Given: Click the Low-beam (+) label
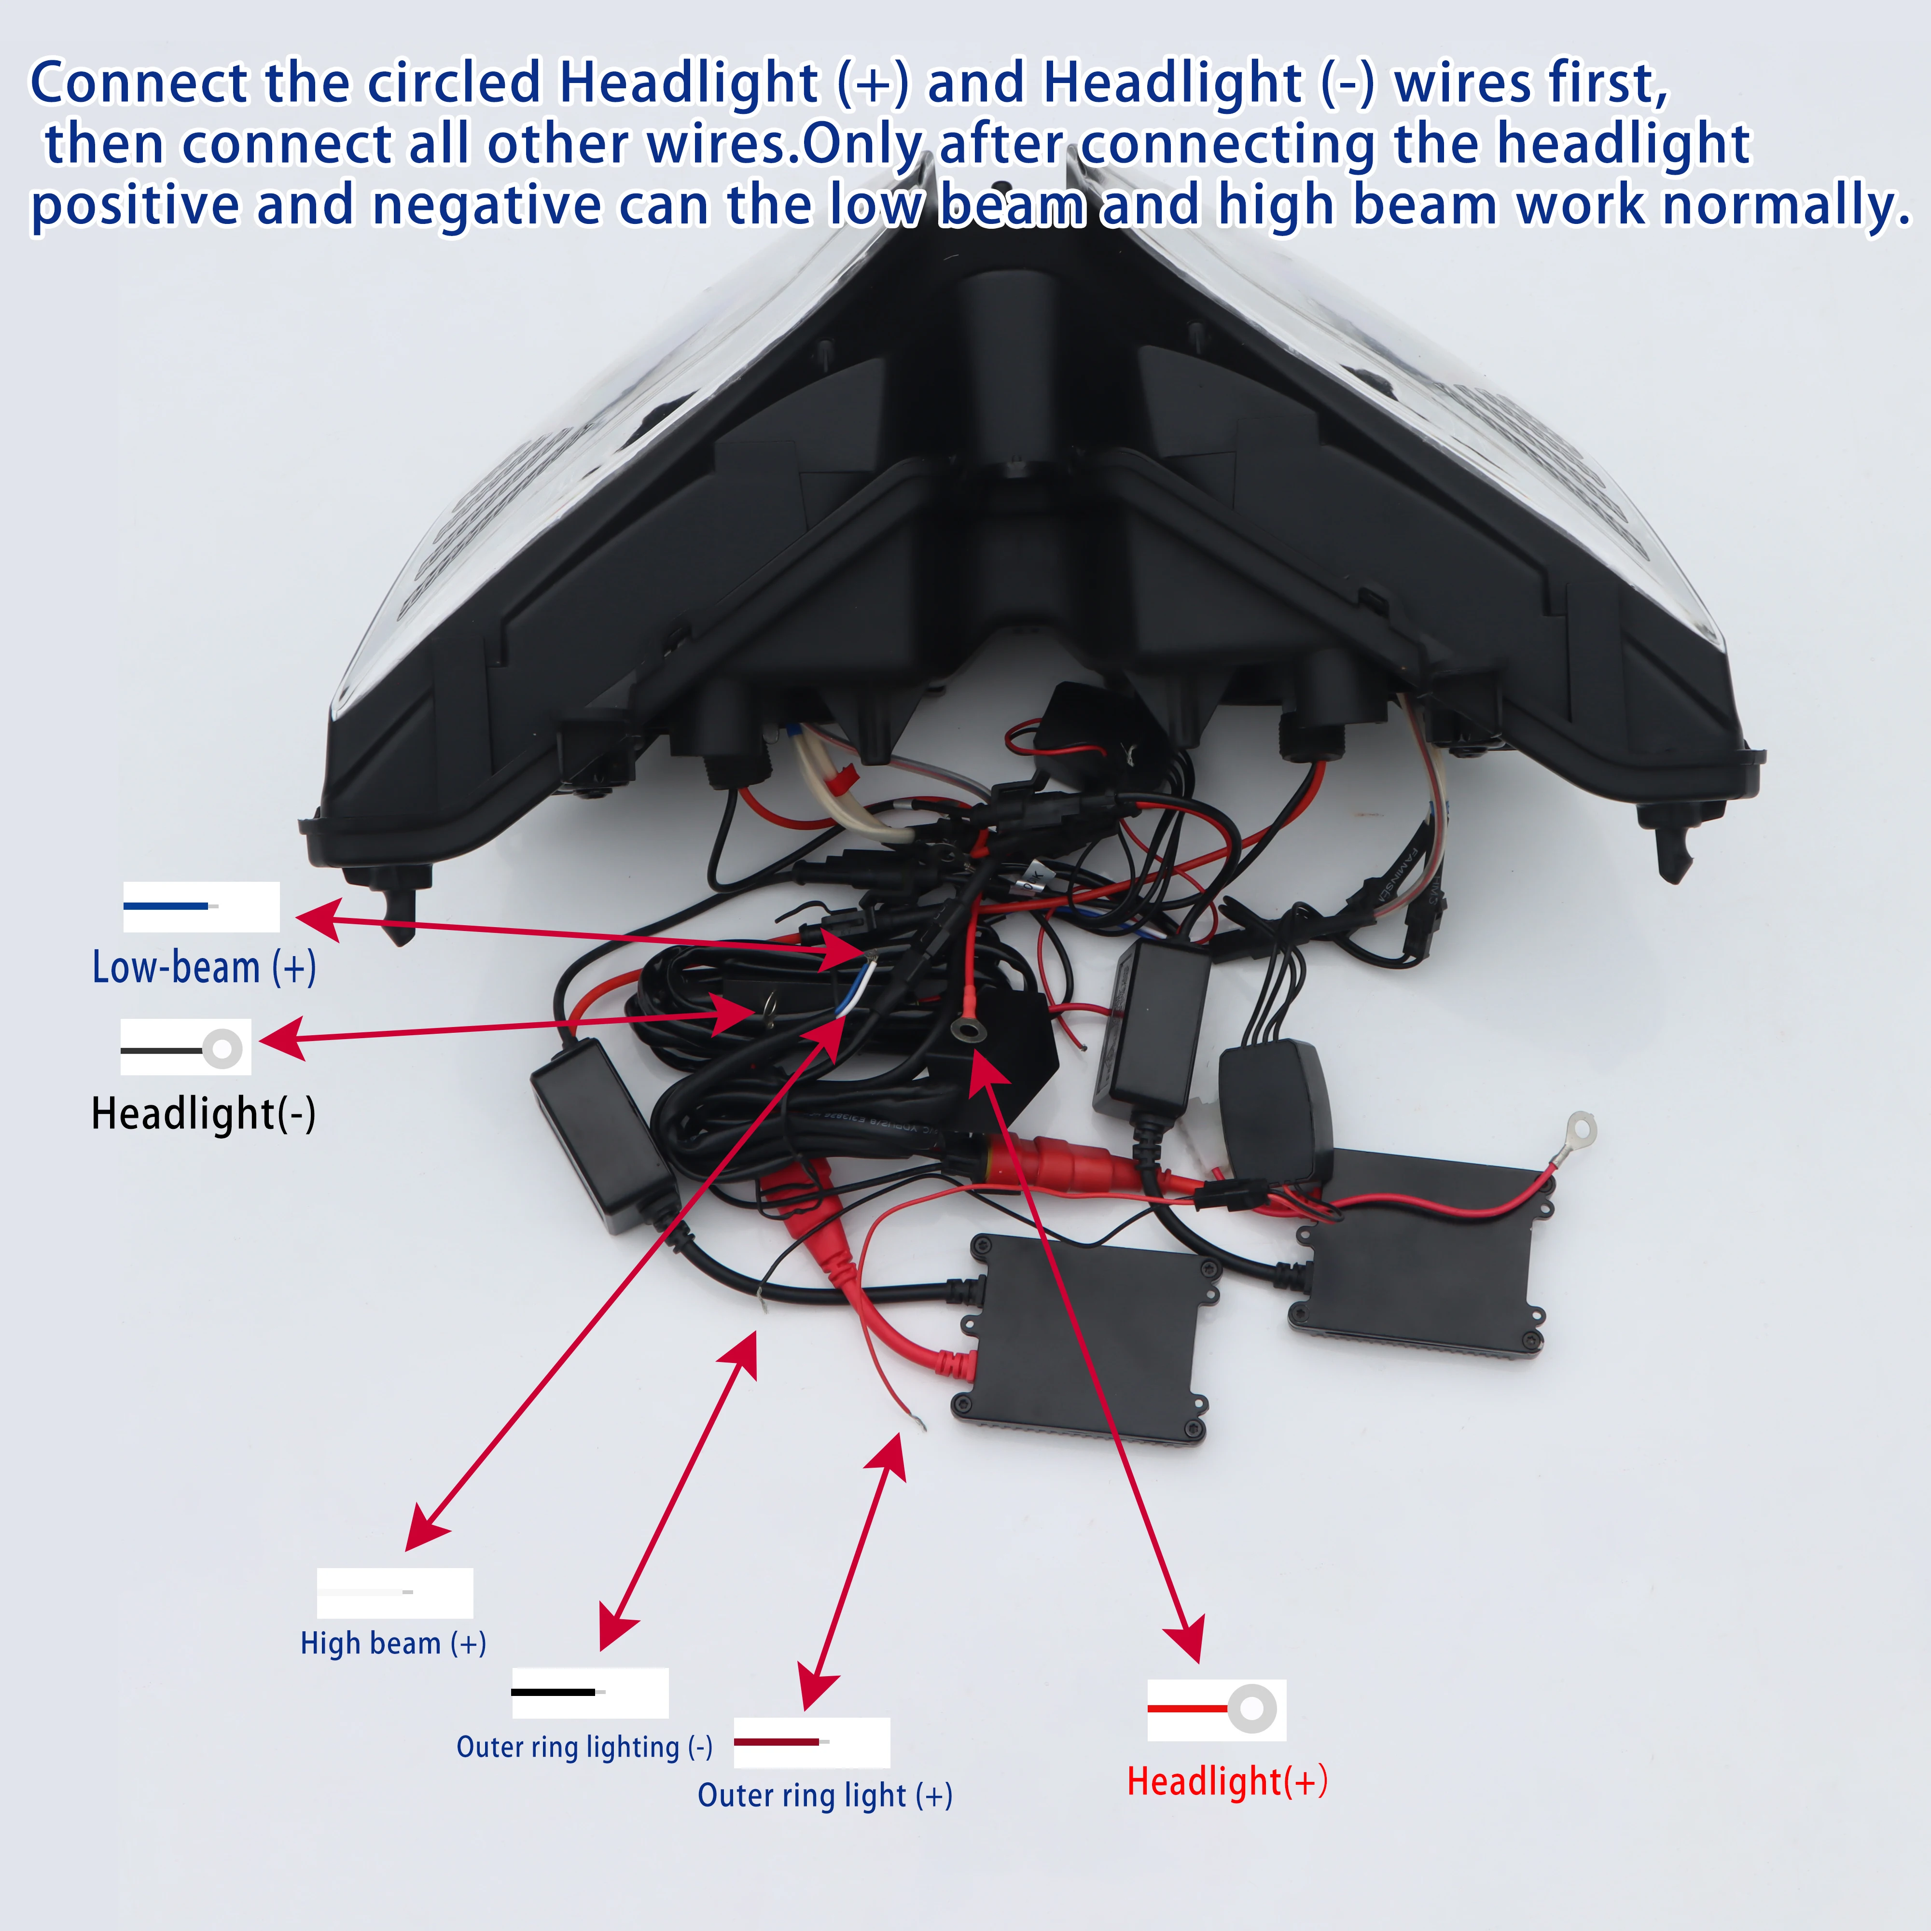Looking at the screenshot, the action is (204, 968).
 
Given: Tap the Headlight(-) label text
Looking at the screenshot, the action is (203, 1113).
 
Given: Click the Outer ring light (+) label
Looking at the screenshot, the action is (825, 1795).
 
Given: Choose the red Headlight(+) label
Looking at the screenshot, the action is (1227, 1781).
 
